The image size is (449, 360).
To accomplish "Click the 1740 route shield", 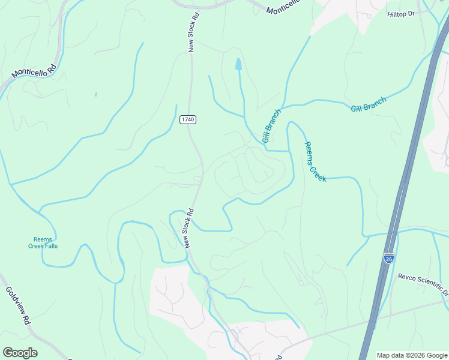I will coord(188,120).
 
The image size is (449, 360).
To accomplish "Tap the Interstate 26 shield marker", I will coord(389,257).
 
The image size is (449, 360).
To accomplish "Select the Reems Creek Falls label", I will coord(43,242).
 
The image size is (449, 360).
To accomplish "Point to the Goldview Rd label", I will coord(18,305).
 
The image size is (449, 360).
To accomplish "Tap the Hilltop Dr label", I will coord(401,14).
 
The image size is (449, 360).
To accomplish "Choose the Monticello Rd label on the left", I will coord(34,71).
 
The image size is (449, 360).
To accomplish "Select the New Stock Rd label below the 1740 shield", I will coord(189,229).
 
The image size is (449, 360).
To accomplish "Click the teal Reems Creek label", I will coord(315,162).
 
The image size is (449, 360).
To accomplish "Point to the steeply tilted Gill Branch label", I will coord(271,126).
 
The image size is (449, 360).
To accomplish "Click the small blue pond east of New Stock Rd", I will coord(239,64).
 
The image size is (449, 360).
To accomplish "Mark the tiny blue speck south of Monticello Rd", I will coord(95,94).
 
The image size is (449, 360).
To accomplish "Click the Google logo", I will coord(20,353).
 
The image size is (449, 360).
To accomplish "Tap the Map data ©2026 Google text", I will coord(412,355).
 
